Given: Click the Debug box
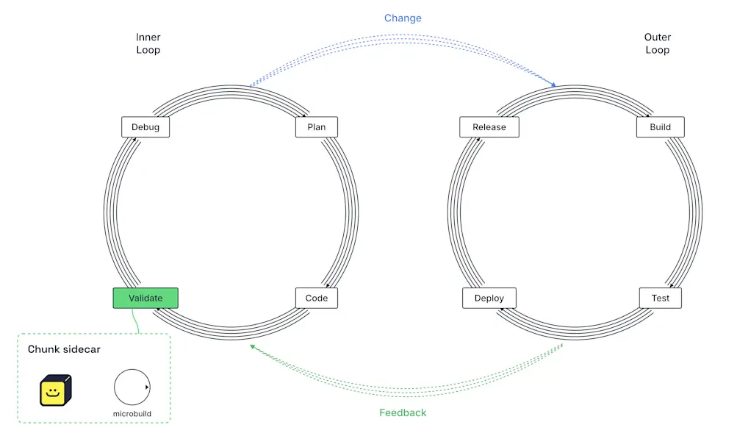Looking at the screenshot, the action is click(145, 127).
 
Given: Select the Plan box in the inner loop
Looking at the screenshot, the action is click(316, 127).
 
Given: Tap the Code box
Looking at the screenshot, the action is click(316, 298).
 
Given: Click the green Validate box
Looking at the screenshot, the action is click(145, 298).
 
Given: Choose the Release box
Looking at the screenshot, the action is click(489, 127).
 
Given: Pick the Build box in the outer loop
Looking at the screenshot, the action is click(660, 127).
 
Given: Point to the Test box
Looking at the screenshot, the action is click(660, 298).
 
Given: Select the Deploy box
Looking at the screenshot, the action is click(489, 298).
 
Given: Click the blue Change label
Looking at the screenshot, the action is click(403, 18).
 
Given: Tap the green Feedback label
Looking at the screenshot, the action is click(403, 412).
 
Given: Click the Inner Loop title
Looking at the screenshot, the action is click(148, 43).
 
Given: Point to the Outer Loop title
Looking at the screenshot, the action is click(657, 43).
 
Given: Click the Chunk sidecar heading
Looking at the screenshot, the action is click(64, 349).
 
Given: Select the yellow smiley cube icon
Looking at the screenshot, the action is click(55, 390).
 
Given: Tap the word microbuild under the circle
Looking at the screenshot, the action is click(132, 414).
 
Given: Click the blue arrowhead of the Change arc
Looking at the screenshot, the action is click(554, 85).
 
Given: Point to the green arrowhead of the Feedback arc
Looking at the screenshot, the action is click(253, 347).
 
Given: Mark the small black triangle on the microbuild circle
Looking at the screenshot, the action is click(147, 387).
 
